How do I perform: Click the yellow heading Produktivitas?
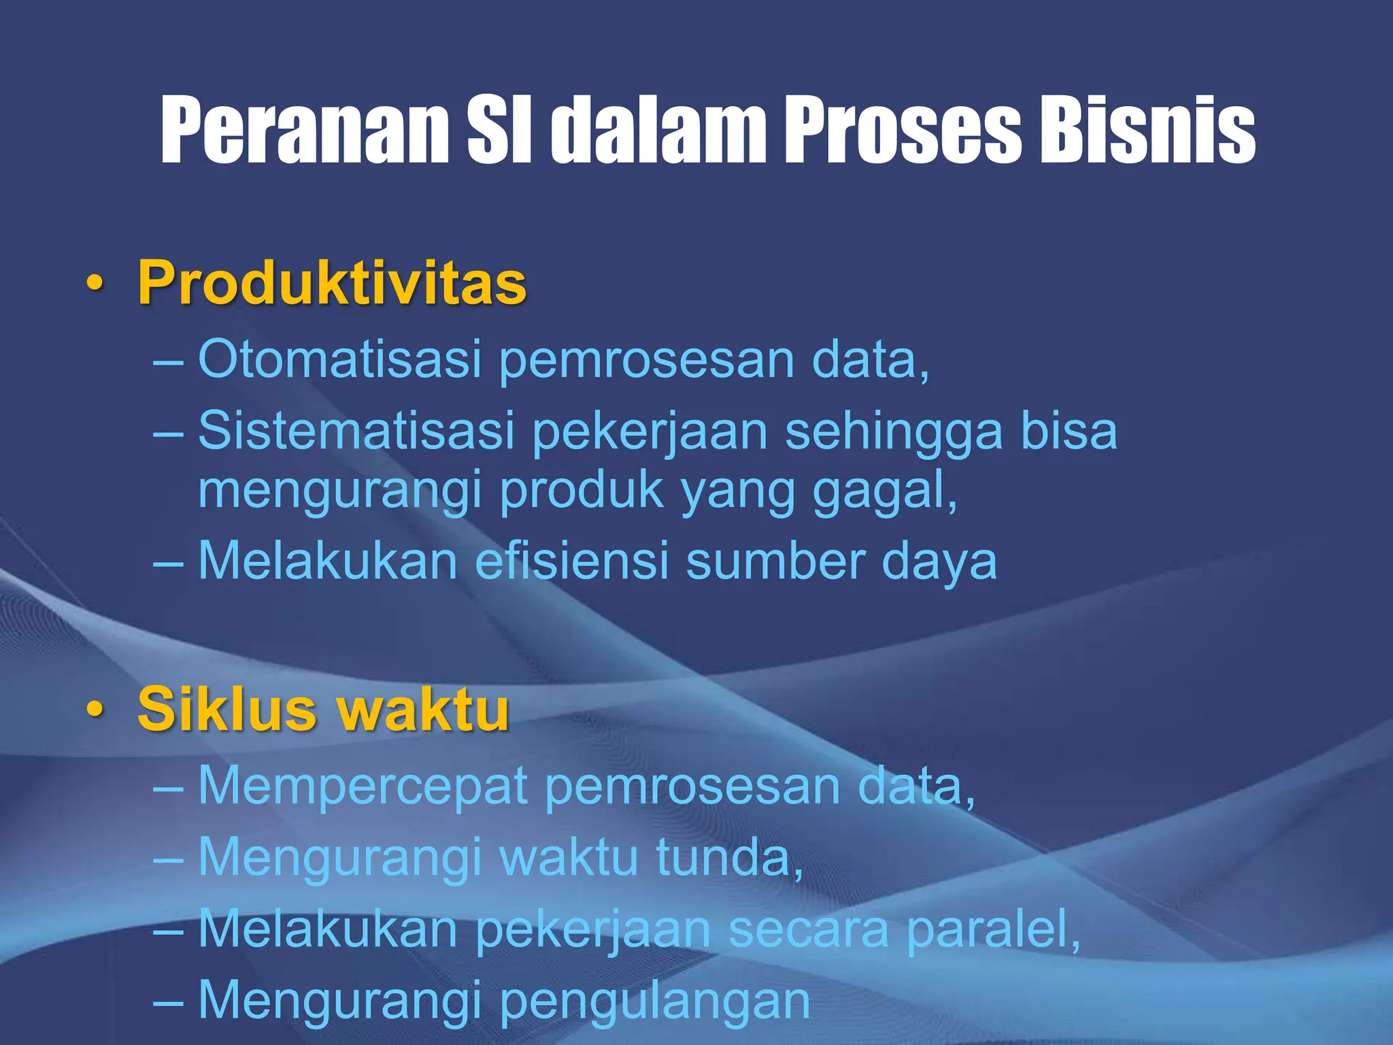point(332,282)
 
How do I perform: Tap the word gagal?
point(884,491)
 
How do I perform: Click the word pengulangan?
point(655,1002)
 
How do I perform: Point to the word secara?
point(809,929)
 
